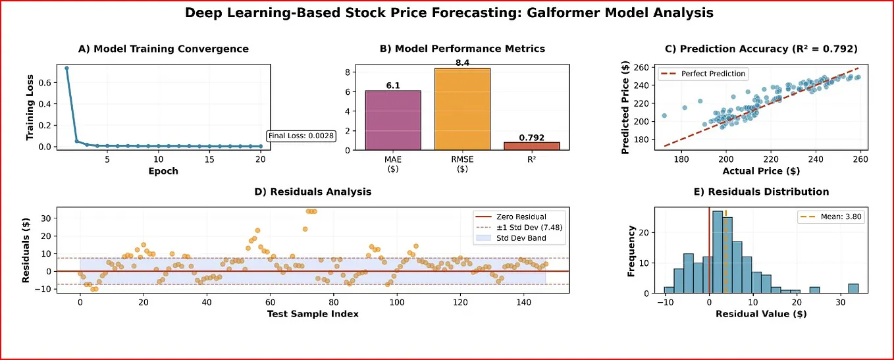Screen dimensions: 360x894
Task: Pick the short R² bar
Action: tap(531, 145)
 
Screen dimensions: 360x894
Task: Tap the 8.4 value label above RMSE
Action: tap(462, 63)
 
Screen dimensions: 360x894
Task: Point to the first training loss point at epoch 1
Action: tap(66, 68)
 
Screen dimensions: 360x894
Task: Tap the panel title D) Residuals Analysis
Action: tap(313, 192)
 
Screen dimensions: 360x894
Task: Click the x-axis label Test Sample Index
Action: tap(313, 314)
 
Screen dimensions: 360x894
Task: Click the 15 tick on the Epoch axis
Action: tap(209, 160)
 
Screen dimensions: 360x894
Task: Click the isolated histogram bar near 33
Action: tap(853, 288)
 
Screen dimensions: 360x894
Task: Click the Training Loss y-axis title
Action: tap(30, 107)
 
